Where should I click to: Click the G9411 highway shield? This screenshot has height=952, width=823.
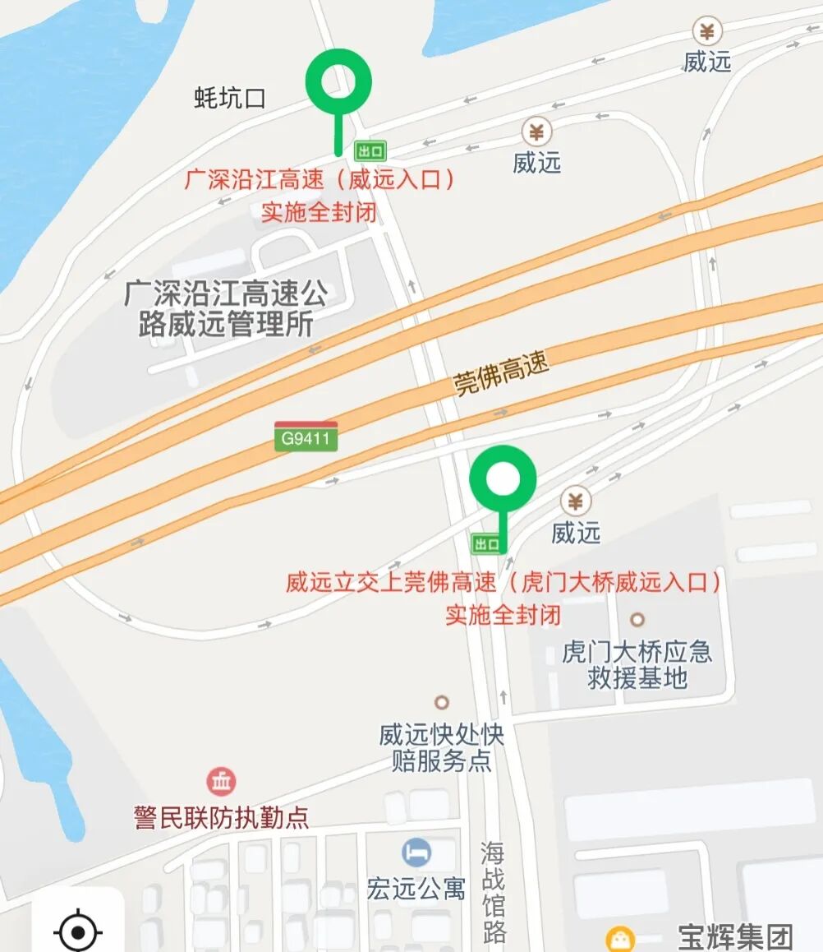306,437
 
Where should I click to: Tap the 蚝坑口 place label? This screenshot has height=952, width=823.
230,99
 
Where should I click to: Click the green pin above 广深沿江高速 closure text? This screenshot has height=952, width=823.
338,82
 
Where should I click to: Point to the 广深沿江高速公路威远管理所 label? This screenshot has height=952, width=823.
226,307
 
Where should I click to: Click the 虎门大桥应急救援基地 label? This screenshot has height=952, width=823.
637,664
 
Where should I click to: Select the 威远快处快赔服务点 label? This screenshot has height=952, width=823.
442,746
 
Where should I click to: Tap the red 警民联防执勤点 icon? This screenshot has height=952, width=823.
221,781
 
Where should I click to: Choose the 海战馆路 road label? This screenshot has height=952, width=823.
493,892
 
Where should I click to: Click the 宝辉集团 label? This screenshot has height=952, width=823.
735,936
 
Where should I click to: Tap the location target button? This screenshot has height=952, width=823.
78,931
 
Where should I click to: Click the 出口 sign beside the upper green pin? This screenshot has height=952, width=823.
370,151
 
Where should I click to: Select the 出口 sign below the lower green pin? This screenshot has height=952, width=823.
487,543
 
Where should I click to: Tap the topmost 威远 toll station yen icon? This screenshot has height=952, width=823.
706,31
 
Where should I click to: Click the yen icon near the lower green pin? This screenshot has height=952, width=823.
576,501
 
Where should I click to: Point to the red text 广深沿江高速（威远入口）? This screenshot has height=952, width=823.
320,180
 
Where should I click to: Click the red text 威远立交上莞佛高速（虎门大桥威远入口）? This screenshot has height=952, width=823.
503,583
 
